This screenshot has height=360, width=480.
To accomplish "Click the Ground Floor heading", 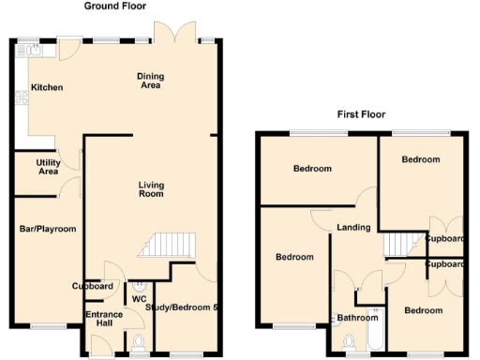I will coord(115,6).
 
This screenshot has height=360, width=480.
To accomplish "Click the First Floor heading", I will coord(361,115).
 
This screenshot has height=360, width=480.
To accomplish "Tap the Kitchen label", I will coord(47,88).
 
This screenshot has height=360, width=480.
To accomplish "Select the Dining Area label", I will coord(150,82).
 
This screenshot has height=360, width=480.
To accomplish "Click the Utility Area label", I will coord(49,168).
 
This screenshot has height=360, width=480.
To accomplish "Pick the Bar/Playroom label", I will coord(48,229).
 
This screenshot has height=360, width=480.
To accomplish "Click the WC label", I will coord(139,299).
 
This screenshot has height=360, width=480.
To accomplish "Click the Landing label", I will coord(353,228).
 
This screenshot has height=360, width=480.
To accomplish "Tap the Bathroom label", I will coord(357,317).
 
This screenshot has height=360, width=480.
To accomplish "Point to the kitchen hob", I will coord(20,97).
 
